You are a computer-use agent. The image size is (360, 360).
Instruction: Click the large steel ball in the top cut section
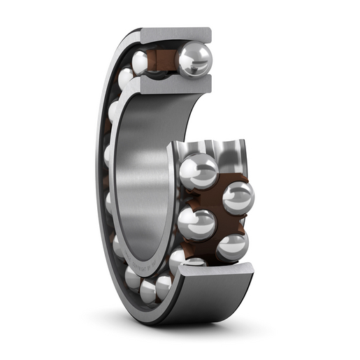point(194,60)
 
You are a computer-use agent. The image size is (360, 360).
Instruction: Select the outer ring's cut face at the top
point(175,35)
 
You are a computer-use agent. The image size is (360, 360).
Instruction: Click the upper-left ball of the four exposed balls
point(200,171)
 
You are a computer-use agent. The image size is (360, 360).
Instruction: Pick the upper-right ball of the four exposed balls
point(238,197)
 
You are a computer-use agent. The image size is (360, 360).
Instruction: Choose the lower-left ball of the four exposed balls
point(196,224)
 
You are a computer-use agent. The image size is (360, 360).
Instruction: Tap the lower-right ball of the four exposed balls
point(231,246)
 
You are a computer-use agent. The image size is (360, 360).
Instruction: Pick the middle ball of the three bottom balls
point(148,289)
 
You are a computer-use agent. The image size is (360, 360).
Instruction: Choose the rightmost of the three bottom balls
point(164,285)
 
